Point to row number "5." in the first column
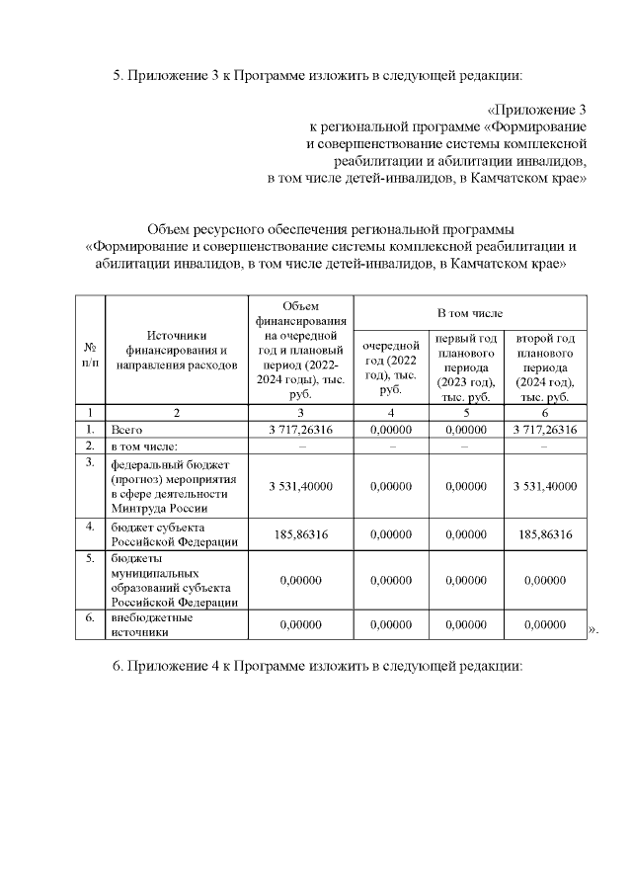(89, 558)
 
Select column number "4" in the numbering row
(391, 412)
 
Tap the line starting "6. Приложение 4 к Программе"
(316, 666)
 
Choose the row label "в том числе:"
(144, 447)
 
